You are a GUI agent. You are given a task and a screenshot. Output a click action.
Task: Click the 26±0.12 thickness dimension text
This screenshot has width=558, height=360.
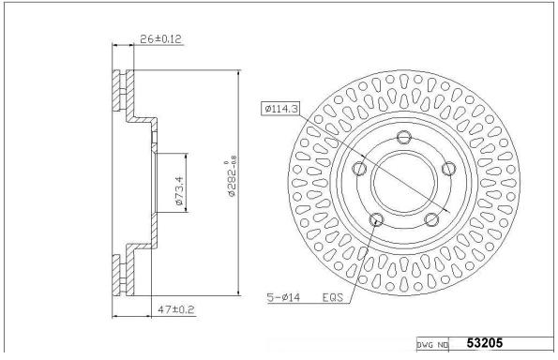point(161,38)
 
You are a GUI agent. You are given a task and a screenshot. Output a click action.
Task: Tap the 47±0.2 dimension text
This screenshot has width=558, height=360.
point(176,309)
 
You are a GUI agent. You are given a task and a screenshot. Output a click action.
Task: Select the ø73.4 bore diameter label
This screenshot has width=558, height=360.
point(179,190)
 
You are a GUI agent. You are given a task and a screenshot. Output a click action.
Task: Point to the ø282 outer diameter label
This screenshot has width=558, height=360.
point(232,176)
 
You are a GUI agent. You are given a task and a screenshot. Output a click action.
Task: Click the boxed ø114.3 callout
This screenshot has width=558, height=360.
point(280,109)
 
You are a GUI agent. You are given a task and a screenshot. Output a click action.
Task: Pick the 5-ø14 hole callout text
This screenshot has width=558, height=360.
point(283,297)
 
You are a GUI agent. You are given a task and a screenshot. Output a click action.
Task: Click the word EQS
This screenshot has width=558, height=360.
point(333,297)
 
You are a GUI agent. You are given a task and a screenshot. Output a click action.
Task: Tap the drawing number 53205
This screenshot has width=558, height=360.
point(484,343)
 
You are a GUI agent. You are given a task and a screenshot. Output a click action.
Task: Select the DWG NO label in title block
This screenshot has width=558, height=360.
point(432,345)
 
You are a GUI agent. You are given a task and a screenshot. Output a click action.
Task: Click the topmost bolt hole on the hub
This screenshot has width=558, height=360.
point(404,137)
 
